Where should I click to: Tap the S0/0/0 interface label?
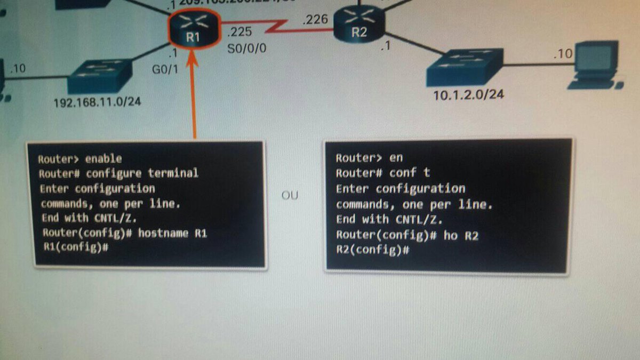click(x=246, y=49)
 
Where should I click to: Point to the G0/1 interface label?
click(x=165, y=69)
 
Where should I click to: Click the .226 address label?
click(x=314, y=20)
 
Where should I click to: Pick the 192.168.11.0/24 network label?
click(x=97, y=101)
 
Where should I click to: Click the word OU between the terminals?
click(x=290, y=196)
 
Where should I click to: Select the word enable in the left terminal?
click(x=103, y=158)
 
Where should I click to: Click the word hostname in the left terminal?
click(x=161, y=233)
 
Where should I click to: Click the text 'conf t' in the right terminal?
click(x=409, y=173)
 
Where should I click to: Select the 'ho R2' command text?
click(x=461, y=235)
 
